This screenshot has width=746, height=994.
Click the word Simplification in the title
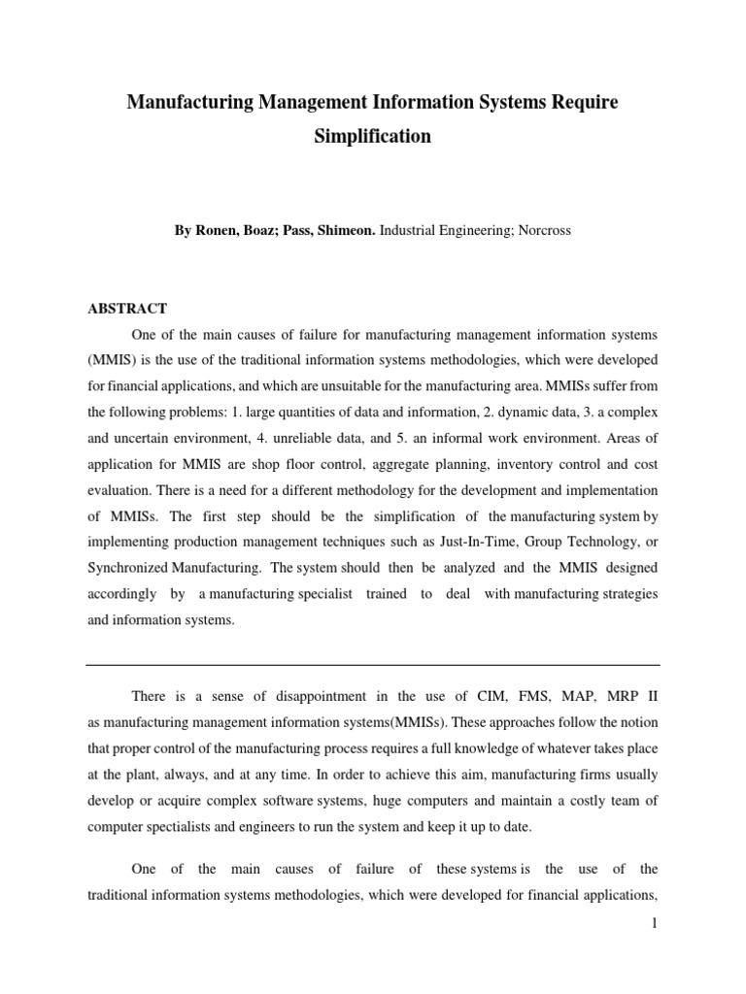(372, 137)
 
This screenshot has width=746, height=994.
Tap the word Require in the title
(572, 102)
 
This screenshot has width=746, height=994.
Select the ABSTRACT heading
(127, 309)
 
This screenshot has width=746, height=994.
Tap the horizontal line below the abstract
(372, 665)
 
